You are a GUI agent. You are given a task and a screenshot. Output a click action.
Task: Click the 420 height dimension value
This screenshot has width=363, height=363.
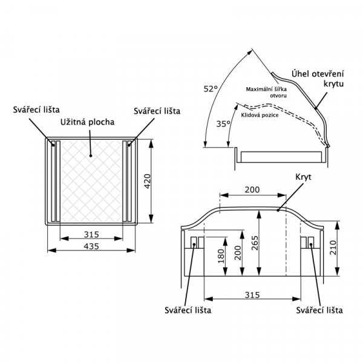[x=148, y=181]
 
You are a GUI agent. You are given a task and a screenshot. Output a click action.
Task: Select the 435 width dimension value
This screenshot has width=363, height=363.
[x=91, y=246]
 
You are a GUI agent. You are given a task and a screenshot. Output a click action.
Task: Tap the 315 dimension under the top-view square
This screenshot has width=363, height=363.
[x=91, y=235]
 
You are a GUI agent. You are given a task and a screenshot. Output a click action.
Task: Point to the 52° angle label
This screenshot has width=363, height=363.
[x=211, y=89]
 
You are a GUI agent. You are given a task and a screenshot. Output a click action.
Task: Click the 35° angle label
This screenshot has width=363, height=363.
[x=223, y=124]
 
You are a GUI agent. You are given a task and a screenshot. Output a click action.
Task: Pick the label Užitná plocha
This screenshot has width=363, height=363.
[x=88, y=122]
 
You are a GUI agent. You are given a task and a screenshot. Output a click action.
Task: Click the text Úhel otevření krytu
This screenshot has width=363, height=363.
[x=318, y=79]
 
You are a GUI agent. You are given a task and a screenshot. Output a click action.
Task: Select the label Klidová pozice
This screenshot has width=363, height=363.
[x=260, y=115]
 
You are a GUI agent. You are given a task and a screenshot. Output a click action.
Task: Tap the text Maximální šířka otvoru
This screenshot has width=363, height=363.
[x=266, y=93]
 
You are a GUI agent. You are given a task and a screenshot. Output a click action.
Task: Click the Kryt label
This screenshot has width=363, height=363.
[x=303, y=177]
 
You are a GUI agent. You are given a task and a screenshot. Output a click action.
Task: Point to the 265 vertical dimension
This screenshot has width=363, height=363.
[x=255, y=243]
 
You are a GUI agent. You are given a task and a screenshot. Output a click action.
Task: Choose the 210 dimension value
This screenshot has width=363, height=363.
[x=333, y=247]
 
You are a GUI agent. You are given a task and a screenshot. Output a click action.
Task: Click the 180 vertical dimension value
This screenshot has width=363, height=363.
[x=221, y=256]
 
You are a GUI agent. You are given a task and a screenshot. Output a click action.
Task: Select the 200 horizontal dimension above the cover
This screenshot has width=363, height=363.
[x=252, y=189]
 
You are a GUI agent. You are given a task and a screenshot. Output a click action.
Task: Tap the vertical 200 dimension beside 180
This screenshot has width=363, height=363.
[x=238, y=253]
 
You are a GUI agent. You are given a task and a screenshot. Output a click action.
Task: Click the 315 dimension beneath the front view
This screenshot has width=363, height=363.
[x=252, y=295]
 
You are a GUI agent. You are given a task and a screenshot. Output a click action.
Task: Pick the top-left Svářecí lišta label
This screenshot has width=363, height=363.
[x=36, y=110]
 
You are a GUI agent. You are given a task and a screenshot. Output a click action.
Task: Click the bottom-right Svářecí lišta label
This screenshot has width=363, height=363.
[x=319, y=310]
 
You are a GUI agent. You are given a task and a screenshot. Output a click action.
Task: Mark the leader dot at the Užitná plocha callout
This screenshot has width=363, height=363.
[x=91, y=156]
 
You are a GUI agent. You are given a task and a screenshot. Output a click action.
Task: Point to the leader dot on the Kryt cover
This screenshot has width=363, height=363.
[x=278, y=210]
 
